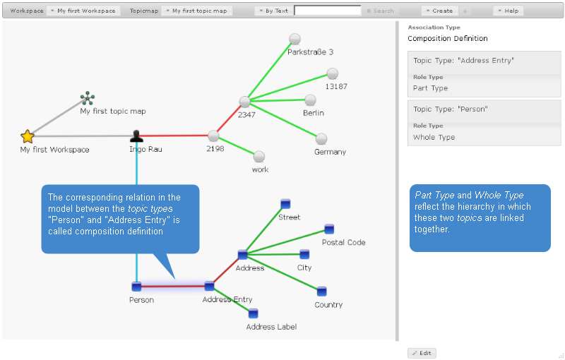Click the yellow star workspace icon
[28, 136]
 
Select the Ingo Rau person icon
[136, 136]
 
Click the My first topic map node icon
[88, 98]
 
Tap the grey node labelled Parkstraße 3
[295, 39]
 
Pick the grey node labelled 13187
[333, 73]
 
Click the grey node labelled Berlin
[309, 100]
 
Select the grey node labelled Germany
[321, 138]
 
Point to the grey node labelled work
[259, 157]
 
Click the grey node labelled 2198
[213, 136]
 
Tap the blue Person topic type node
[136, 286]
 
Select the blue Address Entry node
[209, 286]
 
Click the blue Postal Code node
[329, 229]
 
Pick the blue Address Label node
[253, 313]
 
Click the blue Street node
[285, 203]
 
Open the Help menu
[508, 11]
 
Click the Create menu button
[439, 11]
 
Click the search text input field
[327, 11]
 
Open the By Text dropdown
[273, 11]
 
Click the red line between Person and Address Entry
[173, 286]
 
